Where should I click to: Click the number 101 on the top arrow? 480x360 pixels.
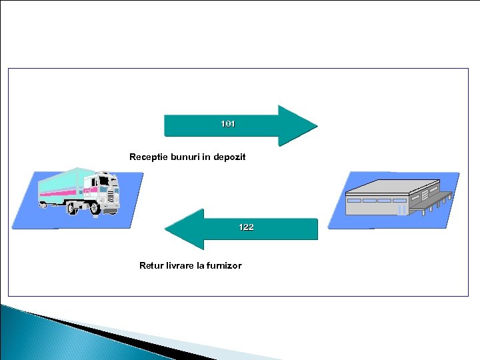[228, 124]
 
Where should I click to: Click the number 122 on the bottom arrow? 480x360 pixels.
[246, 227]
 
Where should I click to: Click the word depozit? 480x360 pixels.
[229, 157]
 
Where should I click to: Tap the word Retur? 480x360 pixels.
[151, 265]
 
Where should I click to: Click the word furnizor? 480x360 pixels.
[223, 265]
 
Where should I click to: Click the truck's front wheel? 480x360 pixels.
[95, 209]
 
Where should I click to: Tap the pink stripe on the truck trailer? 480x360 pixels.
[63, 191]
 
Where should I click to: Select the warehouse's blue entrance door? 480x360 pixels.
[401, 209]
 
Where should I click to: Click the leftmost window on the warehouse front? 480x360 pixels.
[354, 201]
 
